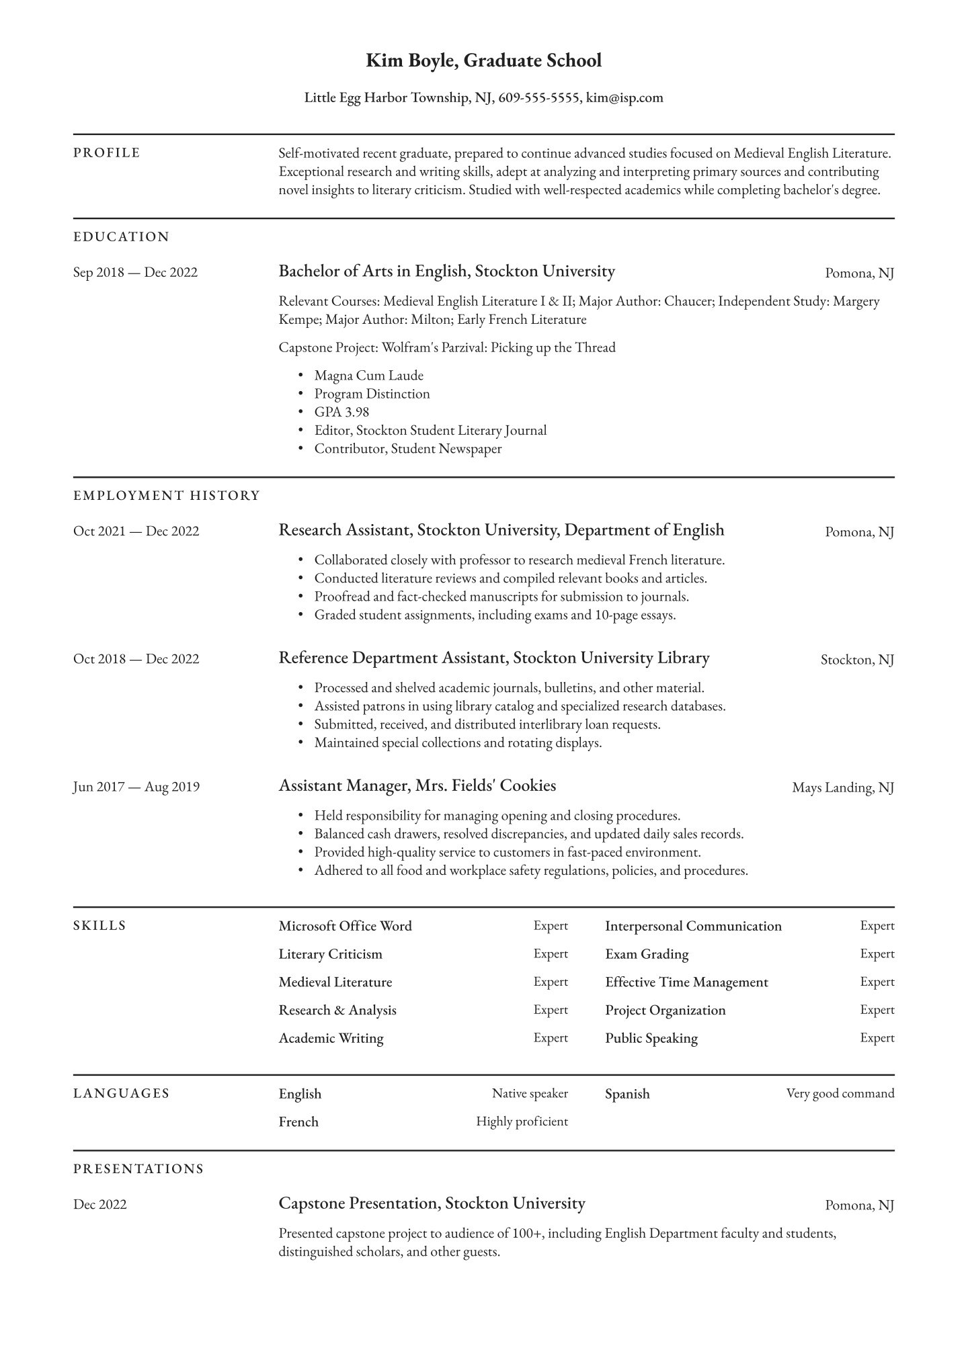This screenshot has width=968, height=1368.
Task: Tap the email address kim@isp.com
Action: (x=624, y=98)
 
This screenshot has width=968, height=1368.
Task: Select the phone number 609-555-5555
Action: (x=539, y=98)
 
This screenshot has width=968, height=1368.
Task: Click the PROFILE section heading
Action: (x=107, y=153)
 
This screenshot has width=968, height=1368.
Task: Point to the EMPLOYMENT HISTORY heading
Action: (x=166, y=496)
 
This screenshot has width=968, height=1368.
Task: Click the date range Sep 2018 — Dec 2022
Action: (x=135, y=273)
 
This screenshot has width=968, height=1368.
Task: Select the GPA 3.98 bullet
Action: (x=341, y=412)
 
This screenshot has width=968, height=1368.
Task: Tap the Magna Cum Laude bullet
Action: (x=368, y=376)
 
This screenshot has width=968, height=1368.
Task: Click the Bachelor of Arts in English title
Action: (x=373, y=271)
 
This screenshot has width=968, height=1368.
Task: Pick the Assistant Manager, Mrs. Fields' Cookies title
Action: (x=417, y=785)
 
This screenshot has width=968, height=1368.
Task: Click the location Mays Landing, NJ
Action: (x=843, y=787)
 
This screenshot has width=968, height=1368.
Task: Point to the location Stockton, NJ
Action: (x=857, y=660)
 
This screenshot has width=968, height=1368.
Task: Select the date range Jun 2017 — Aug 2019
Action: (x=136, y=787)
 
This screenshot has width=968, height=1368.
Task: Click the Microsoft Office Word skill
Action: (x=345, y=926)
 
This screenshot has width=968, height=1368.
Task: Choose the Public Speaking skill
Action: (x=651, y=1038)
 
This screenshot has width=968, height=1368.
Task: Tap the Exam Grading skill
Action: (x=646, y=954)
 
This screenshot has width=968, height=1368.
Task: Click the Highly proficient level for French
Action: (x=522, y=1121)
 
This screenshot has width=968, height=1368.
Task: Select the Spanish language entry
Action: (x=627, y=1094)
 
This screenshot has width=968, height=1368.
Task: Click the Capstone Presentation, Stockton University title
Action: (x=432, y=1203)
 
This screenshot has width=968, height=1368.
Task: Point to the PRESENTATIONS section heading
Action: (x=138, y=1169)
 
